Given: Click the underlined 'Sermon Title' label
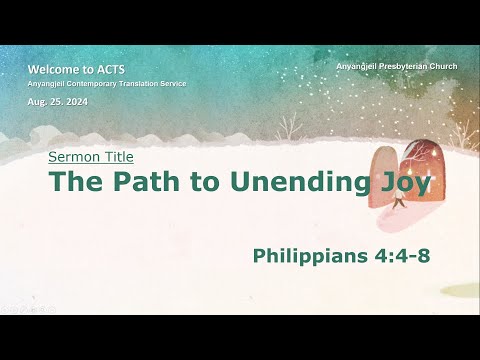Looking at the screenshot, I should [91, 157].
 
